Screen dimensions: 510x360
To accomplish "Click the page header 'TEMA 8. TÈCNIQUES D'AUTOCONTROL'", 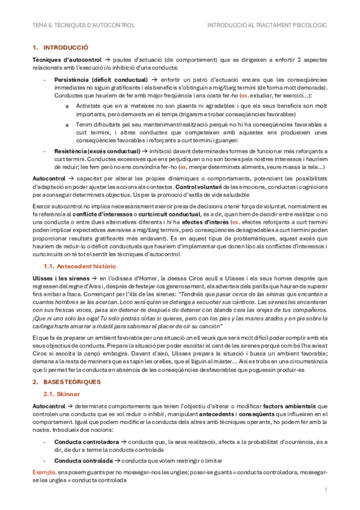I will pos(84,25).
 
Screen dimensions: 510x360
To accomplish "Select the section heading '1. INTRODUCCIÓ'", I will pos(60,47).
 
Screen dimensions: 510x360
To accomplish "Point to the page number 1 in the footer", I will pos(325,490).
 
